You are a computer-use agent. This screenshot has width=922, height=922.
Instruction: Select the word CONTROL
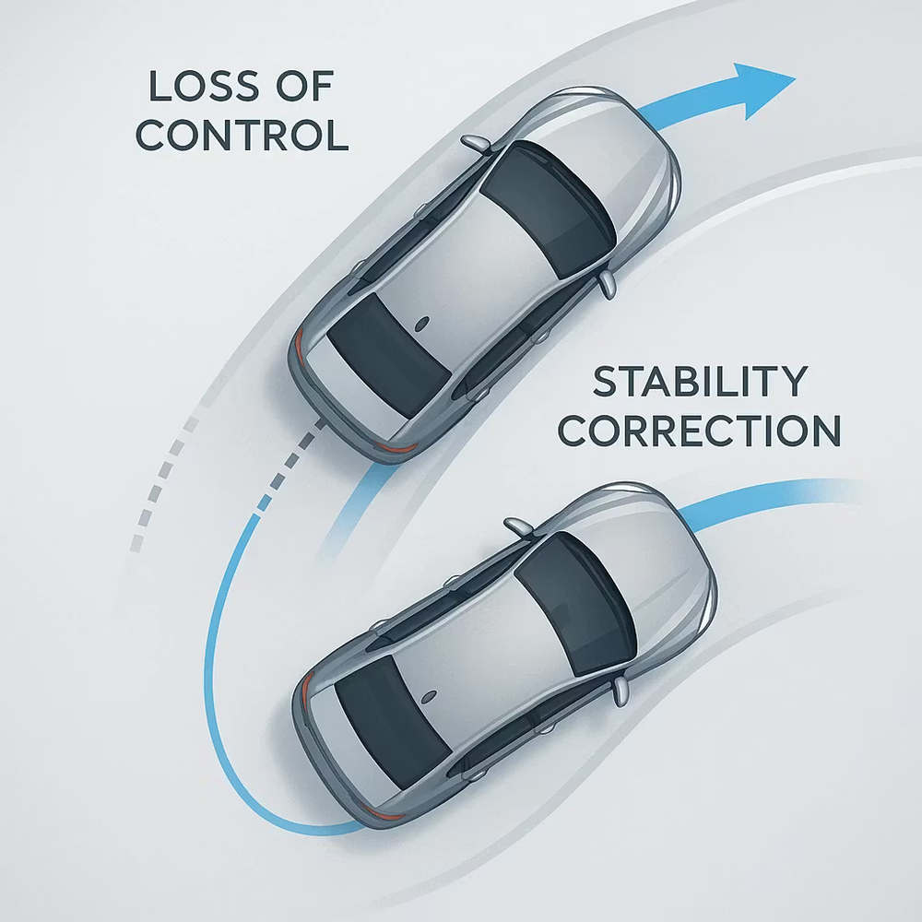coord(242,136)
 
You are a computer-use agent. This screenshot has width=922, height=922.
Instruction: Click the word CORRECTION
coord(699,431)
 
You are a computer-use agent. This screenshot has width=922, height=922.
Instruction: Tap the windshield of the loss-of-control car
coord(548,208)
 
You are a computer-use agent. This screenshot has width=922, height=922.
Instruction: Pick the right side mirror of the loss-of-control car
coord(608,284)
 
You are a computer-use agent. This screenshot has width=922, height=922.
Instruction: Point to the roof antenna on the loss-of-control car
coord(421,324)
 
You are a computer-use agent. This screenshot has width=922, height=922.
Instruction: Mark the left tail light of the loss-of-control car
coord(300,347)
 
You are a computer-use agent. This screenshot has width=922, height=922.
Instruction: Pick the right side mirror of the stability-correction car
coord(621,691)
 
